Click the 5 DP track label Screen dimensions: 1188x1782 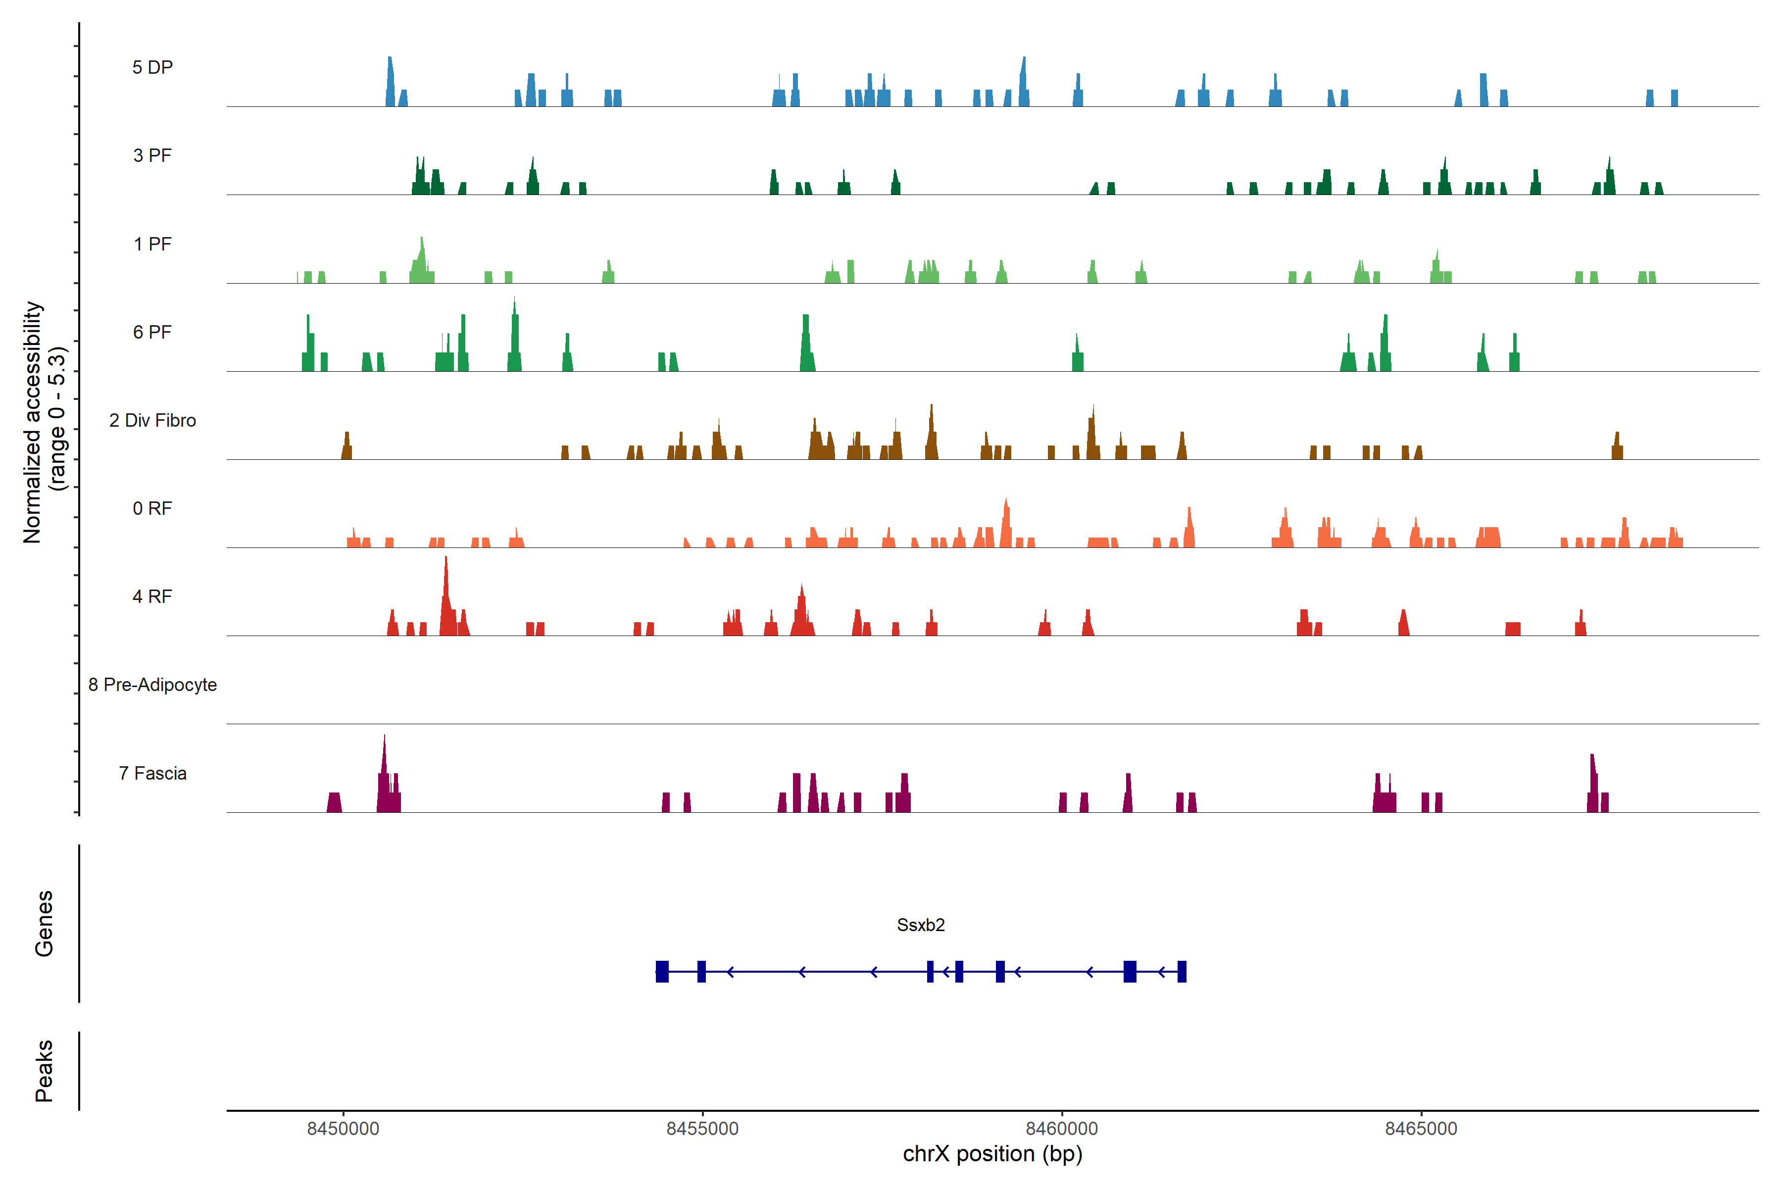pyautogui.click(x=152, y=67)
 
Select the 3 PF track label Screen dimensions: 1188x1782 pyautogui.click(x=152, y=155)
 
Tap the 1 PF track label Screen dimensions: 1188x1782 pyautogui.click(x=152, y=244)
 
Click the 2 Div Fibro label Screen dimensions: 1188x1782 pyautogui.click(x=152, y=420)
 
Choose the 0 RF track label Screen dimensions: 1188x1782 pyautogui.click(x=152, y=508)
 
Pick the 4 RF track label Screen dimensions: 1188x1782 pyautogui.click(x=152, y=596)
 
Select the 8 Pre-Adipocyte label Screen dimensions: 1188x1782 pyautogui.click(x=152, y=685)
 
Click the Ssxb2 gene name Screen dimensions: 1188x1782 pyautogui.click(x=921, y=925)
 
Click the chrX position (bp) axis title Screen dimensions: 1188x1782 pyautogui.click(x=992, y=1154)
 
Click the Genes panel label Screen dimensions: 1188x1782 pyautogui.click(x=44, y=924)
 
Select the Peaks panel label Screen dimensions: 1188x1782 pyautogui.click(x=44, y=1071)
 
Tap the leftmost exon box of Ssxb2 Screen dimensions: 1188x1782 pyautogui.click(x=662, y=971)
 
